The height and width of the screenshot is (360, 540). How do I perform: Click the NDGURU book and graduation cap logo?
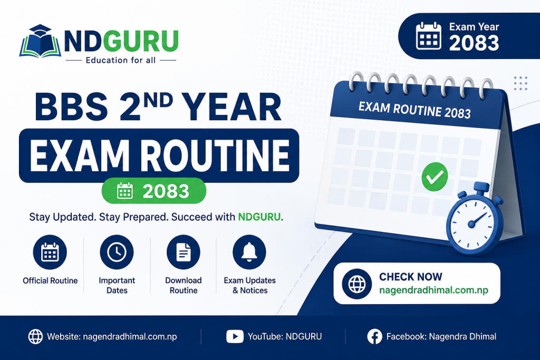[x=40, y=41]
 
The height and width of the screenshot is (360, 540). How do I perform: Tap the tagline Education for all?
[x=121, y=60]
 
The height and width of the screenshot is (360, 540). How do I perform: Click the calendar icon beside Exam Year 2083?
[x=428, y=36]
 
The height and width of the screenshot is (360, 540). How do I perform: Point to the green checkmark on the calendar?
[x=435, y=177]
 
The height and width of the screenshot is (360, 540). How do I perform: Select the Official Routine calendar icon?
[x=50, y=252]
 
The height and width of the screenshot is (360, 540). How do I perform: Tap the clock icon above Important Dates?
[x=117, y=252]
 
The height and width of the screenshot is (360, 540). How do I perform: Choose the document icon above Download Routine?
[x=184, y=252]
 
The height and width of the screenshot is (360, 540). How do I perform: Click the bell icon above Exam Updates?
[x=249, y=252]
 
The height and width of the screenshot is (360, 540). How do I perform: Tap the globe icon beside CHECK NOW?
[x=357, y=284]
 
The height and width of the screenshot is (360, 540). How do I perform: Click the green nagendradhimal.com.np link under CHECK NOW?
[x=433, y=290]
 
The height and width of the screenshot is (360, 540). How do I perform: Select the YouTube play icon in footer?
[x=235, y=337]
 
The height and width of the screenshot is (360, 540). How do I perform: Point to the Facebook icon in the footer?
[x=375, y=337]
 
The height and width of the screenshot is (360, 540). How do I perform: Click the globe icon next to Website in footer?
[x=35, y=337]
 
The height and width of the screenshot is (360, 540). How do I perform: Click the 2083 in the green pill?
[x=166, y=191]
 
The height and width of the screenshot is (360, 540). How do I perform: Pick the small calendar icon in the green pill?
[x=124, y=191]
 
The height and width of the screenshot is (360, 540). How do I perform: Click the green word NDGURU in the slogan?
[x=259, y=217]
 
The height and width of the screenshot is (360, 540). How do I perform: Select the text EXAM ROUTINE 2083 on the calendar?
[x=414, y=110]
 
